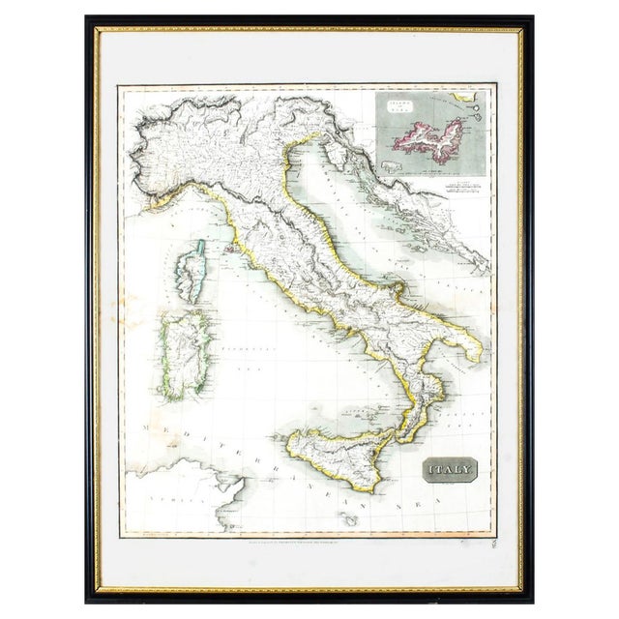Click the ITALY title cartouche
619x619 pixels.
(x=450, y=470)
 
